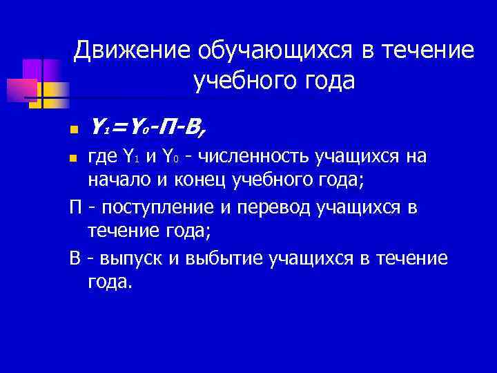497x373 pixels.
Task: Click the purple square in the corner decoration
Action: (32, 69)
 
